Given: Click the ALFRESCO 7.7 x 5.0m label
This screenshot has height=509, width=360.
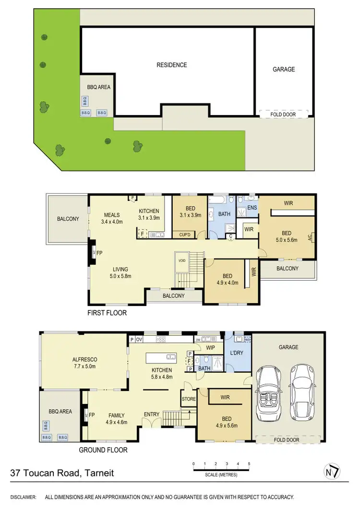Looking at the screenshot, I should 84,363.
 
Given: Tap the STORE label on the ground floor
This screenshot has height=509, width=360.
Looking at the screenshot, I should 188,398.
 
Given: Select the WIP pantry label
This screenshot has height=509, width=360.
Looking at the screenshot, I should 210,347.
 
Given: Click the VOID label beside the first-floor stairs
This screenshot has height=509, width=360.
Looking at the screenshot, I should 181,260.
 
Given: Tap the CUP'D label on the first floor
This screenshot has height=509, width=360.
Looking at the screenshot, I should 184,235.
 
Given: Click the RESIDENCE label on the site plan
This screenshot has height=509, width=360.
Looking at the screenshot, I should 171,65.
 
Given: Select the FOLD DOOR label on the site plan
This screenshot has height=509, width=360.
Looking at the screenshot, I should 284,114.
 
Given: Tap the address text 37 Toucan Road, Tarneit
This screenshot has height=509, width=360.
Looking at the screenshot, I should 62,473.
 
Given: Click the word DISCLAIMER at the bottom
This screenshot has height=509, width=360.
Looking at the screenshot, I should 24,497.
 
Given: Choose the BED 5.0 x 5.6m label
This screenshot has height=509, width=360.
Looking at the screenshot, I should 286,237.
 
